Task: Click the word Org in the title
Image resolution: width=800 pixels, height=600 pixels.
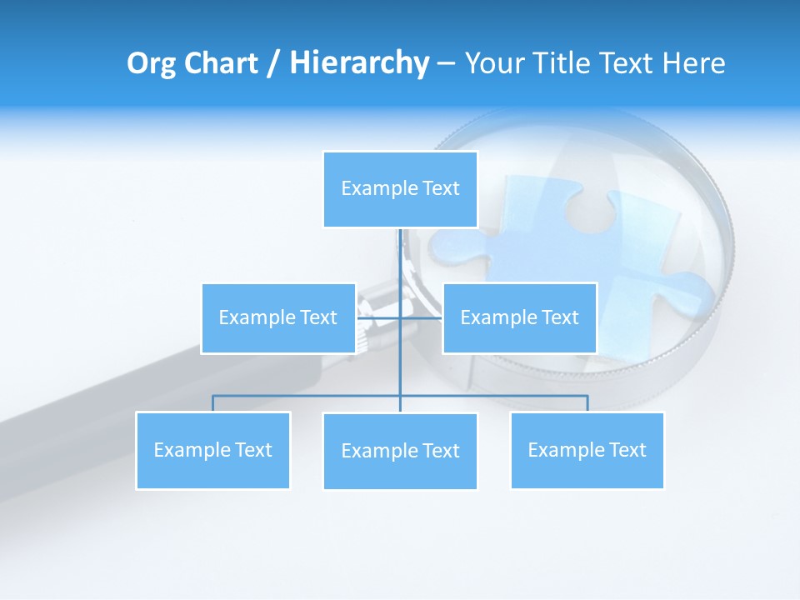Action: [151, 63]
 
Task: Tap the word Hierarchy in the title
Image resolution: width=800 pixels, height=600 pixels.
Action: [358, 63]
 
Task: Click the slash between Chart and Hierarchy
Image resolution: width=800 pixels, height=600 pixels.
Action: [272, 64]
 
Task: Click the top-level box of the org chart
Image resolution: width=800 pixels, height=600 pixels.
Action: [400, 189]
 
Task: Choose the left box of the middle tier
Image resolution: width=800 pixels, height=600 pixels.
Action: [278, 318]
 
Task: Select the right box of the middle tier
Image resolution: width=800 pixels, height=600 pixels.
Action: [519, 318]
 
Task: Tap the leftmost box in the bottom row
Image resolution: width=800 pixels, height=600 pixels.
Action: [212, 451]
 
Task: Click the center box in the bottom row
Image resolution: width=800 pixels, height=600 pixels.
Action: [400, 452]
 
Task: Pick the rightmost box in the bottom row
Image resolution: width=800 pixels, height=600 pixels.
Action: [587, 451]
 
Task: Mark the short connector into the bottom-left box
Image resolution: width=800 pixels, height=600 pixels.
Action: [212, 403]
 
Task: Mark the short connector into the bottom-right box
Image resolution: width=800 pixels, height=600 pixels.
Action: [587, 403]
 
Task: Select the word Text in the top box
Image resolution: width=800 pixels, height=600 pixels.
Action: [441, 189]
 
